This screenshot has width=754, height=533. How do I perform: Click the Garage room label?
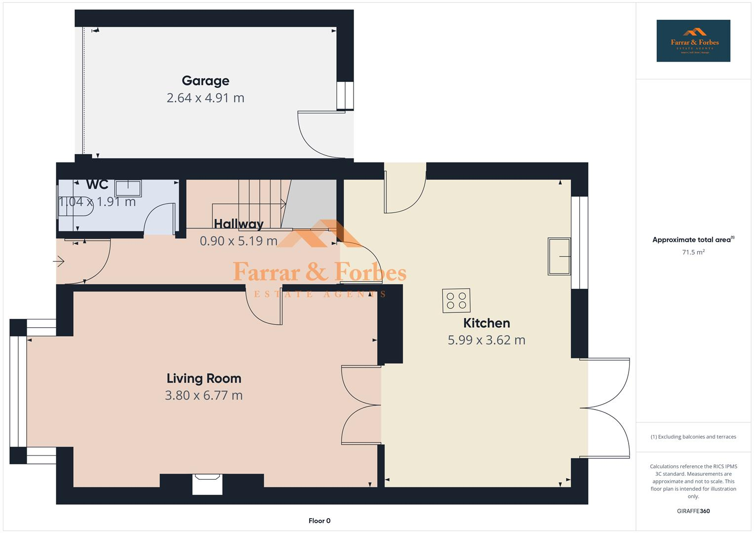pyautogui.click(x=205, y=81)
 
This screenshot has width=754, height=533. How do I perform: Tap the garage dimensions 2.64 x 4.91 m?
pyautogui.click(x=205, y=98)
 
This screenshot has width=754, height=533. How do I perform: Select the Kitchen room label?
pyautogui.click(x=486, y=323)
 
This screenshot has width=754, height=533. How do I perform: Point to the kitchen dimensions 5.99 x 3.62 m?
pyautogui.click(x=486, y=340)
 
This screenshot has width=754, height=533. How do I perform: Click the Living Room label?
pyautogui.click(x=204, y=379)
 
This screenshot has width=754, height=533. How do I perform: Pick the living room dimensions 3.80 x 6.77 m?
pyautogui.click(x=204, y=395)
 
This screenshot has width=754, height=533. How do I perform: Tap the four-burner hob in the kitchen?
pyautogui.click(x=456, y=301)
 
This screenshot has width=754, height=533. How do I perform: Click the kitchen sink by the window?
pyautogui.click(x=559, y=257)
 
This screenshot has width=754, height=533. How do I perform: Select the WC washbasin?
pyautogui.click(x=128, y=189)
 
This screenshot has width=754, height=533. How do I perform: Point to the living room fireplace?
pyautogui.click(x=207, y=483)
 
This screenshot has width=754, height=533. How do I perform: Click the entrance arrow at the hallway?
pyautogui.click(x=59, y=261)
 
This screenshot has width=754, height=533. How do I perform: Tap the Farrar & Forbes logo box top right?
pyautogui.click(x=693, y=41)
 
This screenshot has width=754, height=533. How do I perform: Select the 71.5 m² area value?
pyautogui.click(x=693, y=252)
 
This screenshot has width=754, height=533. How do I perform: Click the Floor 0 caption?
pyautogui.click(x=319, y=521)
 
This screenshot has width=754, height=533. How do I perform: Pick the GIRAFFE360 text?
pyautogui.click(x=693, y=511)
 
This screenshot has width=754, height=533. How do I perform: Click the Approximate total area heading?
pyautogui.click(x=692, y=240)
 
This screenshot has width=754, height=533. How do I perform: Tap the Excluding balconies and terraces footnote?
pyautogui.click(x=693, y=437)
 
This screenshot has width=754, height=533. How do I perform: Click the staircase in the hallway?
pyautogui.click(x=262, y=202)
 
